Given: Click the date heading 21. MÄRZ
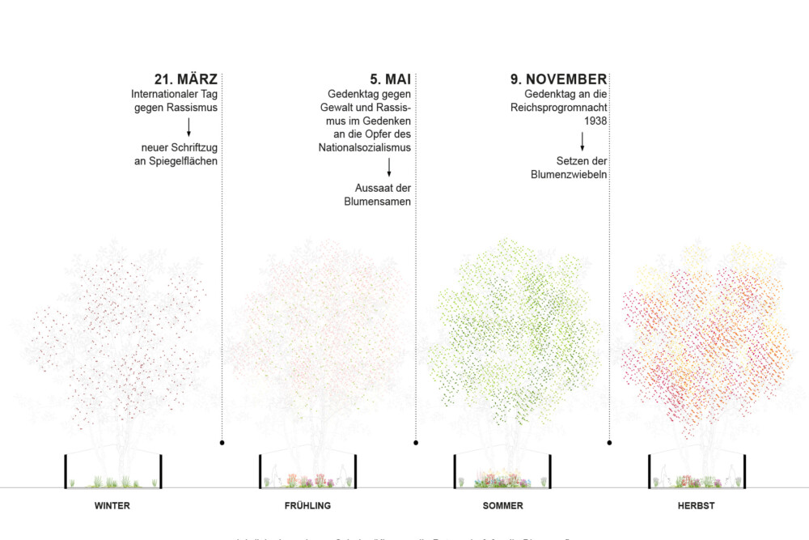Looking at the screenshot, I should click(x=186, y=79).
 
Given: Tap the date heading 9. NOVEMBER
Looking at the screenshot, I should click(x=558, y=79).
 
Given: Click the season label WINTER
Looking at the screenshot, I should click(x=112, y=506).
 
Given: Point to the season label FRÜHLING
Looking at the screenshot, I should click(x=307, y=506).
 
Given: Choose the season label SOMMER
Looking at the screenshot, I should click(x=502, y=506).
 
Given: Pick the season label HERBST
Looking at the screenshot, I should click(x=696, y=506).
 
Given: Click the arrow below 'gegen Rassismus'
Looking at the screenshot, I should click(x=188, y=127).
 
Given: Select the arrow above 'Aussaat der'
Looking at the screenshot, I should click(x=389, y=168).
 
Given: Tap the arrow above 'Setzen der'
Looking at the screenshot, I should click(x=582, y=141).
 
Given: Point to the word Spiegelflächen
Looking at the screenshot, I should click(x=176, y=161).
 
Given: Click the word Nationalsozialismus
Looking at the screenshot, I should click(x=365, y=148).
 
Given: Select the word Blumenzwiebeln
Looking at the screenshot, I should click(x=570, y=175).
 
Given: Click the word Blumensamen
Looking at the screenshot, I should click(x=378, y=202).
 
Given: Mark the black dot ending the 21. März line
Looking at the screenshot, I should click(x=222, y=443).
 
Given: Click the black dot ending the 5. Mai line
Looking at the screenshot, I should click(x=416, y=443).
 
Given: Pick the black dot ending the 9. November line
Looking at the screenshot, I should click(x=609, y=443).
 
